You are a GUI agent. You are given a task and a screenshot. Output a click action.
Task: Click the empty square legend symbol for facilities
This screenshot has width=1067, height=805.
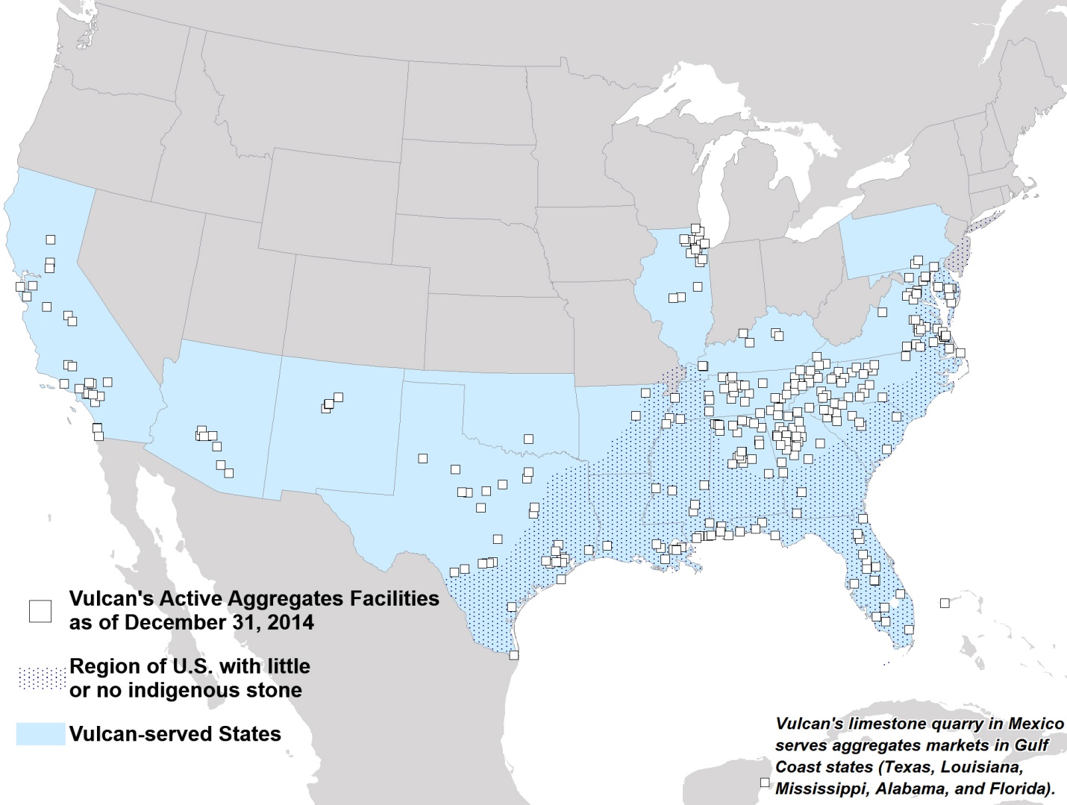pyautogui.click(x=40, y=610)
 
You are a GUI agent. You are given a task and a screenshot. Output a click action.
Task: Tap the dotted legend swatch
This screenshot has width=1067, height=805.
pyautogui.click(x=41, y=678)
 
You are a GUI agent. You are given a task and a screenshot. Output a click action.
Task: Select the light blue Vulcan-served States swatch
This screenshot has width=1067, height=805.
pyautogui.click(x=41, y=734)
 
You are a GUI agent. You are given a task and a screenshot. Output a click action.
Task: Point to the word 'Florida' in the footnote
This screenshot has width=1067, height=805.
pyautogui.click(x=1026, y=789)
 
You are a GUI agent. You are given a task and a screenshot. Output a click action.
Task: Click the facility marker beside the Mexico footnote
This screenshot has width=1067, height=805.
pyautogui.click(x=764, y=782)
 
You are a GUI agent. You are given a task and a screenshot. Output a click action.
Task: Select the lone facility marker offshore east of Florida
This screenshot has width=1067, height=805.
pyautogui.click(x=945, y=603)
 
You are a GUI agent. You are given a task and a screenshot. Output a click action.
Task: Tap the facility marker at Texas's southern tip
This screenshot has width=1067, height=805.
pyautogui.click(x=513, y=655)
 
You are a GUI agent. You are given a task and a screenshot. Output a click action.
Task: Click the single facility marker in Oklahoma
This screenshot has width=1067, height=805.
pyautogui.click(x=528, y=439)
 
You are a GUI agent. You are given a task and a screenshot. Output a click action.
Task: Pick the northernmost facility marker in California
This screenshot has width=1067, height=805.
pyautogui.click(x=51, y=239)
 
